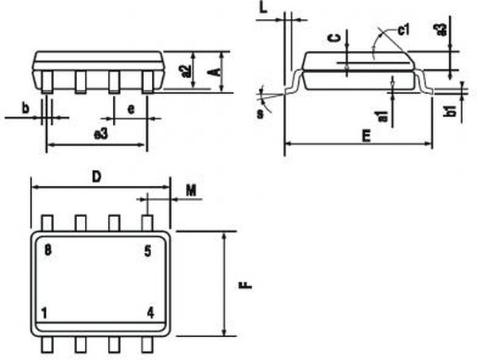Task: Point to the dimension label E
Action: pos(365,136)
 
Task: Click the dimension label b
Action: pos(25,108)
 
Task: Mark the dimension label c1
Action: pos(402,30)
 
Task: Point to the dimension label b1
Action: pos(450,111)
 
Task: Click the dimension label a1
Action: pos(384,116)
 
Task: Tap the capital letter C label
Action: pos(335,38)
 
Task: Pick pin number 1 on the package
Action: pos(45,312)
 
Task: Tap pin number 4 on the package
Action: pos(150,312)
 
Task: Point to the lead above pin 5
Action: pos(146,223)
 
